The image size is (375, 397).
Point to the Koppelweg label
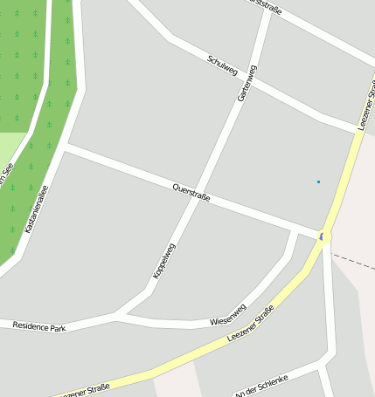click(164, 260)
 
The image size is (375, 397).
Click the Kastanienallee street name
click(38, 209)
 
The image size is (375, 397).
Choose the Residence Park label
click(39, 326)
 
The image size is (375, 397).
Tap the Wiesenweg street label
click(228, 315)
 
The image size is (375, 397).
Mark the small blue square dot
click(318, 181)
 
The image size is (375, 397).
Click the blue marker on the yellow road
click(322, 236)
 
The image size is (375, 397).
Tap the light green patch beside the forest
click(10, 147)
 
